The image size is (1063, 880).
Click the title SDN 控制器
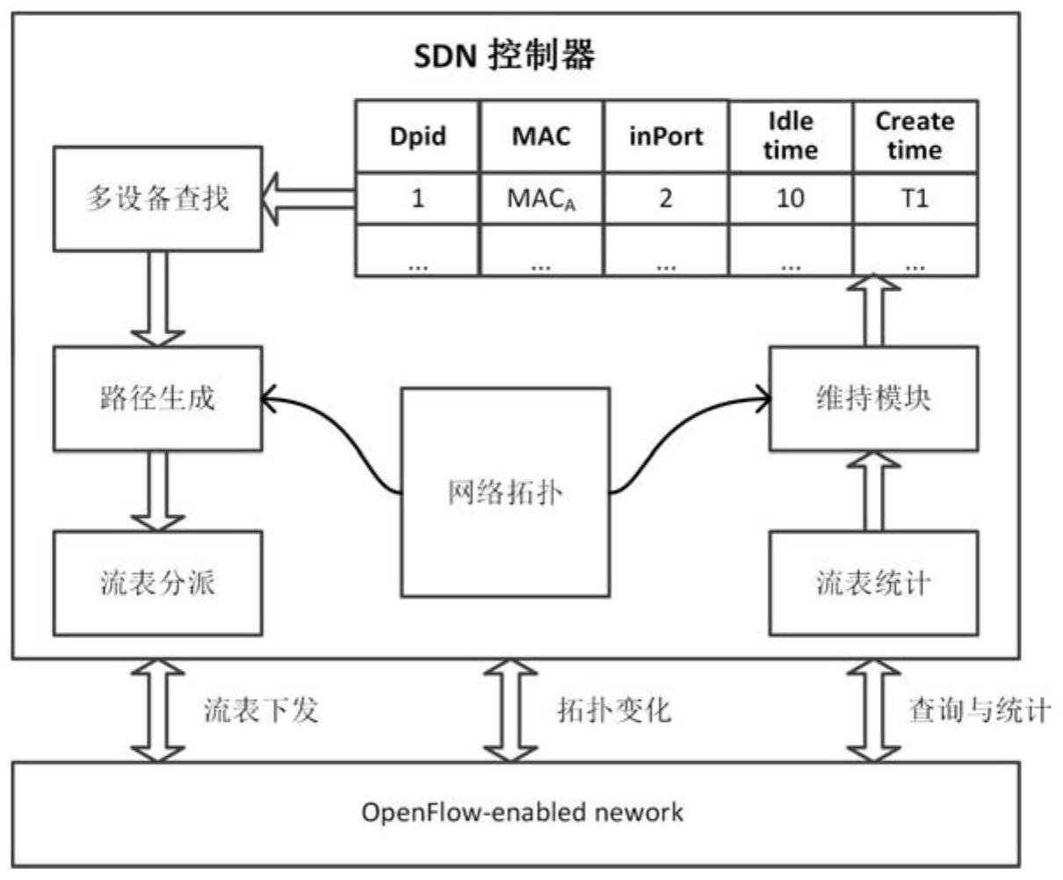(x=504, y=56)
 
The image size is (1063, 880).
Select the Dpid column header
(x=417, y=136)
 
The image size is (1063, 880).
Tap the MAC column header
(x=541, y=136)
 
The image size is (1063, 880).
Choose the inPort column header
(x=666, y=136)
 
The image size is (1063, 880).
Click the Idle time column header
(x=790, y=136)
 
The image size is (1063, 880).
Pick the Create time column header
(x=915, y=136)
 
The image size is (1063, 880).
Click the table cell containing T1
(x=915, y=199)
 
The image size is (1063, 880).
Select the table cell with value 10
(x=790, y=199)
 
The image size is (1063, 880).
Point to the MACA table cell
(x=541, y=199)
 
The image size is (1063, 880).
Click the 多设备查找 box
(x=157, y=198)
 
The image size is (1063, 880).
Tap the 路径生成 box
(x=157, y=398)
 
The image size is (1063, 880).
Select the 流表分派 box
(x=157, y=583)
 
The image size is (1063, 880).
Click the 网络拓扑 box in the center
(x=505, y=492)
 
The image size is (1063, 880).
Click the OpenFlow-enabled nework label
(x=522, y=811)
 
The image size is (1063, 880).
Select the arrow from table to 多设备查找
(x=309, y=199)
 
